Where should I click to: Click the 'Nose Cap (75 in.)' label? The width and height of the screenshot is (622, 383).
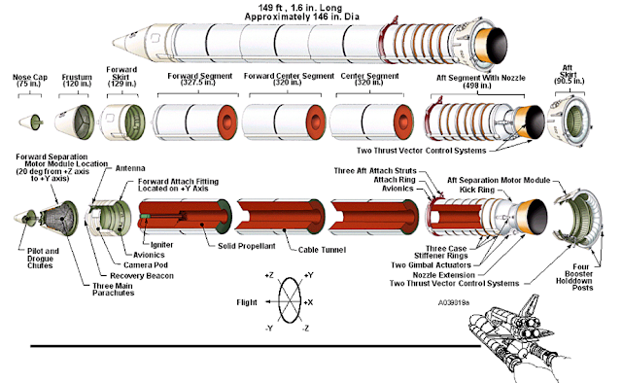click(x=30, y=81)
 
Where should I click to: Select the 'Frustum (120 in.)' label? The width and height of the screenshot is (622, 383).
click(x=77, y=81)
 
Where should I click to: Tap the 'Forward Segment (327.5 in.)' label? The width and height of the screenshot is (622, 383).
click(x=199, y=79)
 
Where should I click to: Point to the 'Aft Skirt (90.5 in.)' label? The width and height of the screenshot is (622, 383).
click(x=570, y=75)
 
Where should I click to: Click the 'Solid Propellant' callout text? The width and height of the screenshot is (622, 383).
click(x=246, y=246)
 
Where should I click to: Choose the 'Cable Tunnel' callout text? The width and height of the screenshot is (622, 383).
click(x=322, y=250)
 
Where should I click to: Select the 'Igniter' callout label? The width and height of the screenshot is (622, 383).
click(x=162, y=245)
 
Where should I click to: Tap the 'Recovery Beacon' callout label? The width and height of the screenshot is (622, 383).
click(x=142, y=276)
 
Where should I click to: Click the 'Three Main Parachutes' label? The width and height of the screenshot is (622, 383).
click(x=113, y=290)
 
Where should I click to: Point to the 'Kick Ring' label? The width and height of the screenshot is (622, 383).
click(x=477, y=190)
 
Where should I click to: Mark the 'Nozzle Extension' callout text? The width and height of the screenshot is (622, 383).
click(x=443, y=275)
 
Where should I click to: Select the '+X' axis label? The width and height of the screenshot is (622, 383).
click(x=308, y=302)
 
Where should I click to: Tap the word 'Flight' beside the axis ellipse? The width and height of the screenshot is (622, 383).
click(x=247, y=302)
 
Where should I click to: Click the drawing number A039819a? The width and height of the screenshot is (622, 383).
click(x=454, y=303)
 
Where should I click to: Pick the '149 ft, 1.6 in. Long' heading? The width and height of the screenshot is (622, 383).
click(x=300, y=8)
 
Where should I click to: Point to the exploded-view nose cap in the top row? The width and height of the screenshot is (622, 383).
click(x=30, y=121)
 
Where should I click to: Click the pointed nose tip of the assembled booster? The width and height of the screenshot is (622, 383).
click(x=113, y=42)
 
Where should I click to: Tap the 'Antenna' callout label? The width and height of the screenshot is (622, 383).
click(x=130, y=168)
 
